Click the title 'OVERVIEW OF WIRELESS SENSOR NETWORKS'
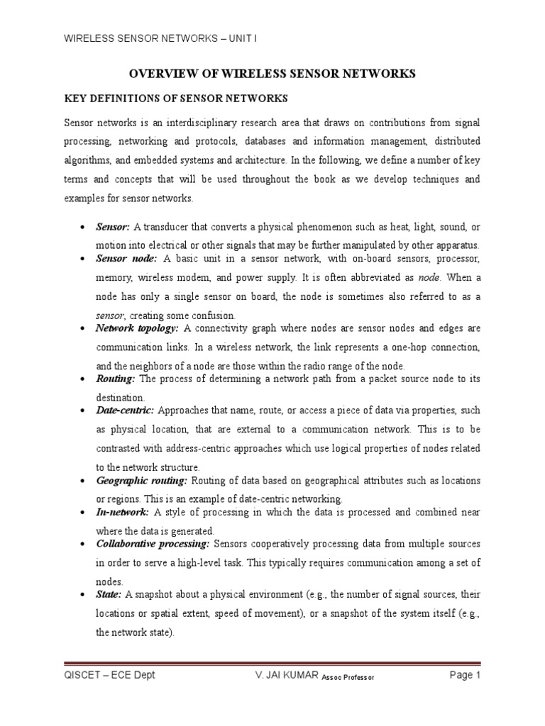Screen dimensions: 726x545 271,73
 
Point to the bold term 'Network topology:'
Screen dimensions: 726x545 138,329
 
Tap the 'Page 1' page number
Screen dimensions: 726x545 466,675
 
